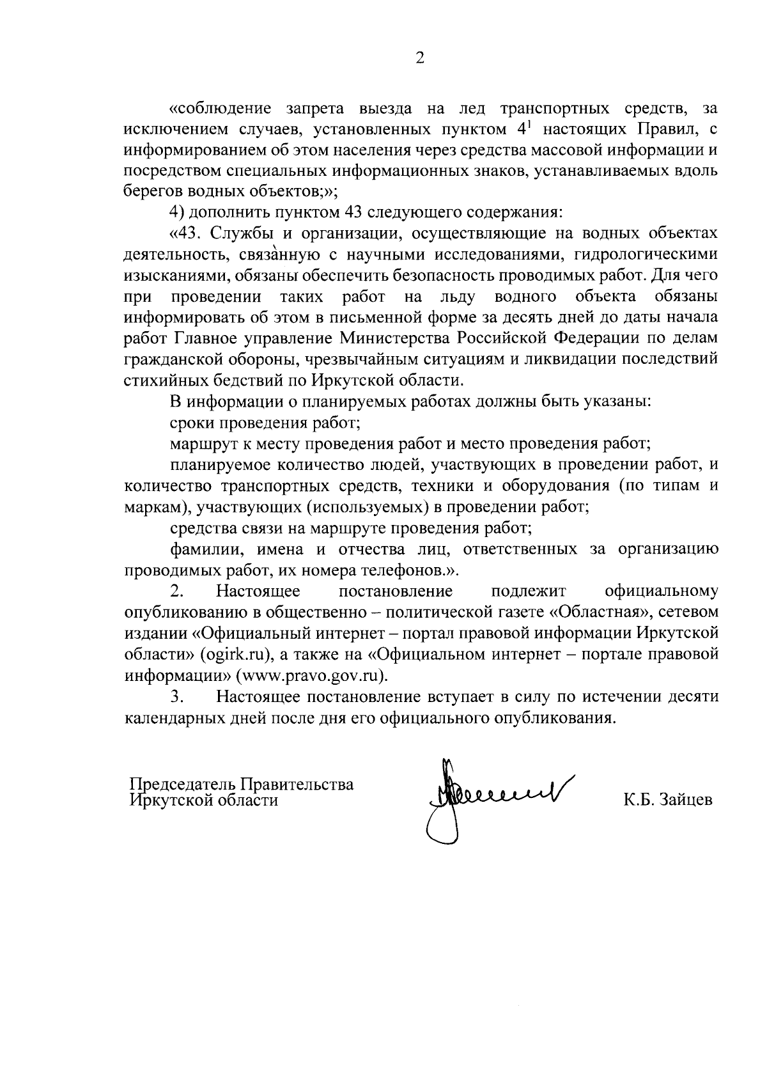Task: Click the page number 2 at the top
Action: (x=420, y=59)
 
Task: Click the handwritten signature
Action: (x=486, y=796)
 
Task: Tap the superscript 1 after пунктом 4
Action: (x=529, y=125)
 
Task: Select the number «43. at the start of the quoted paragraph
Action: (x=184, y=233)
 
